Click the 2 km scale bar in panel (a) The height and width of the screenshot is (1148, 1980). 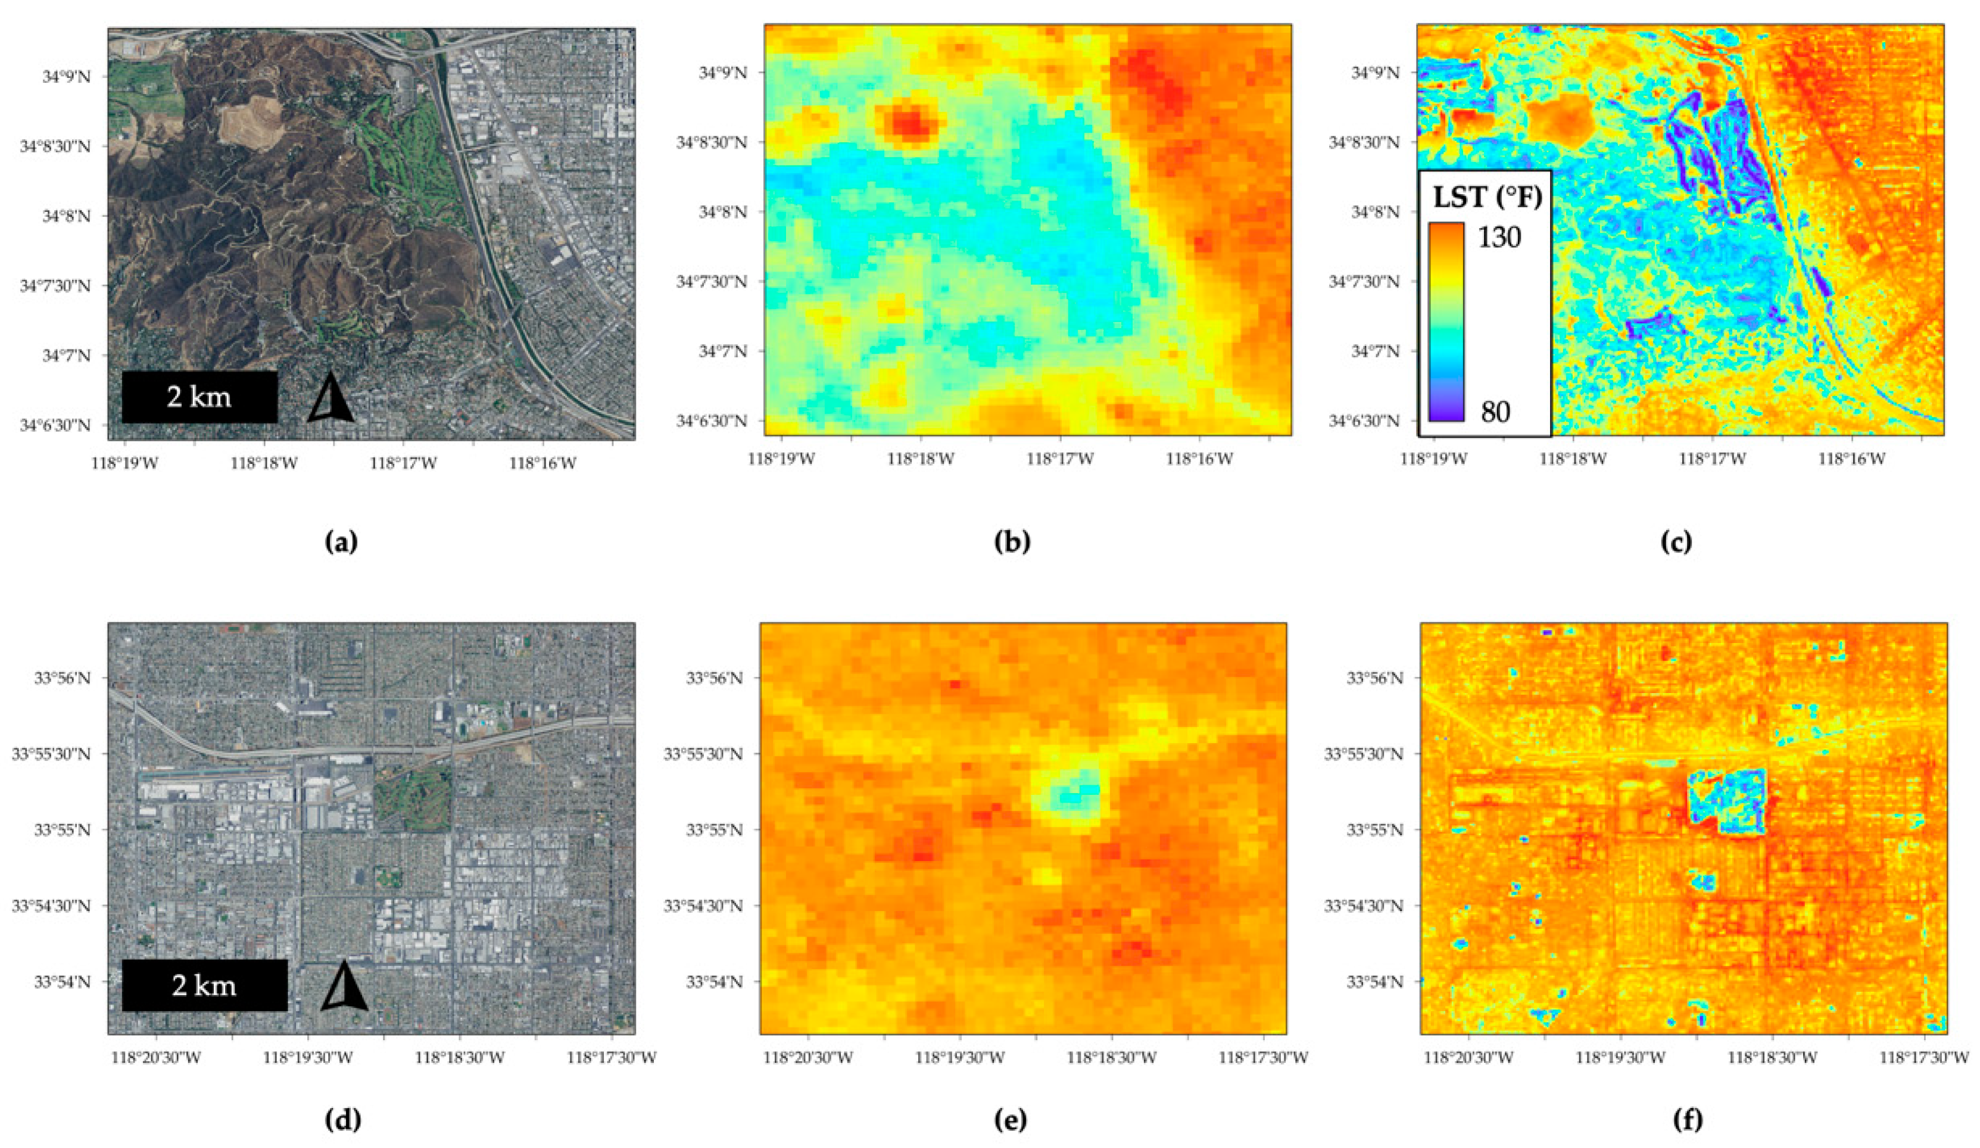pyautogui.click(x=199, y=397)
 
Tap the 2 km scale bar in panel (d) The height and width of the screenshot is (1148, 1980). pyautogui.click(x=204, y=985)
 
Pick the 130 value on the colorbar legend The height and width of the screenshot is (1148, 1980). pyautogui.click(x=1499, y=236)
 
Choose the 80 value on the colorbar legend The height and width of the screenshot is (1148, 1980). pyautogui.click(x=1495, y=411)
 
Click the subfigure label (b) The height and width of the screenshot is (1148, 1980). pyautogui.click(x=1011, y=542)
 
